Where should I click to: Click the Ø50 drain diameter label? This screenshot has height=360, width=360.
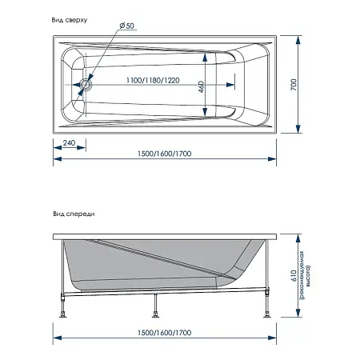tap(126, 26)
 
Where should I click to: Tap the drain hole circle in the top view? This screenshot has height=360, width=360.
tap(86, 85)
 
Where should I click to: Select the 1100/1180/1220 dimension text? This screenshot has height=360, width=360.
tap(153, 80)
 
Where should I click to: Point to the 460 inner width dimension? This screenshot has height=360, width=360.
tap(201, 86)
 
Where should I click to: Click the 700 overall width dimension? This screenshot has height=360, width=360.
tap(294, 85)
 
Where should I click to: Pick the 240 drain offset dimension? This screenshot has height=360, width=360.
tap(69, 143)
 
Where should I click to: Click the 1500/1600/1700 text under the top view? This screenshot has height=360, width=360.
tap(164, 154)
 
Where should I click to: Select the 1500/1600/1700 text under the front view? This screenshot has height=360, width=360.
tap(164, 333)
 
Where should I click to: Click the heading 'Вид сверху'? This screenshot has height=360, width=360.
tap(70, 20)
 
